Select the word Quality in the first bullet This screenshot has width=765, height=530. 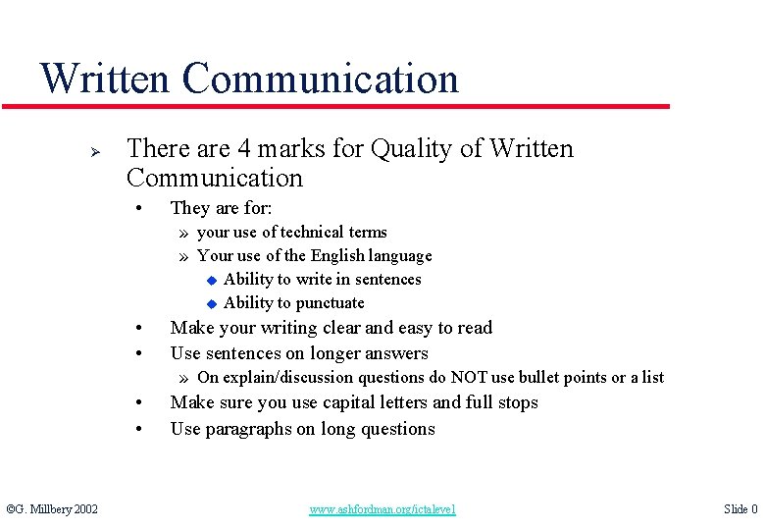(x=416, y=149)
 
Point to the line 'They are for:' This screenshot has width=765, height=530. (x=221, y=208)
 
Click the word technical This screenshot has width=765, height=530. (x=313, y=233)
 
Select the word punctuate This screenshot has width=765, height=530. (x=330, y=303)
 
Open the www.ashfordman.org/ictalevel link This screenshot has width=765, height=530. (x=382, y=509)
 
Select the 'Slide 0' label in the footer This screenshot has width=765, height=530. (x=739, y=509)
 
